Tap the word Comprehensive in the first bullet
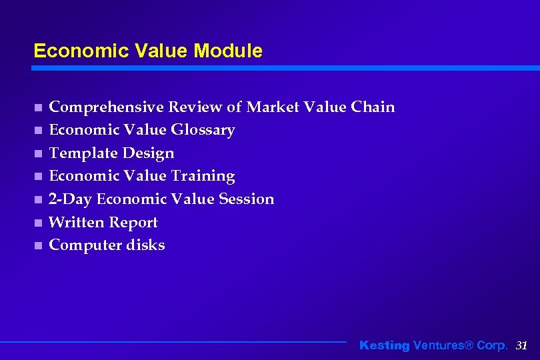click(107, 107)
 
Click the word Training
click(203, 176)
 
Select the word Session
click(246, 199)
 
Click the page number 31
click(522, 345)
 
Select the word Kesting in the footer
click(385, 345)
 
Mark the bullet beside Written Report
click(38, 223)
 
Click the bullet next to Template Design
click(38, 153)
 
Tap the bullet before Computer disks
click(38, 246)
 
